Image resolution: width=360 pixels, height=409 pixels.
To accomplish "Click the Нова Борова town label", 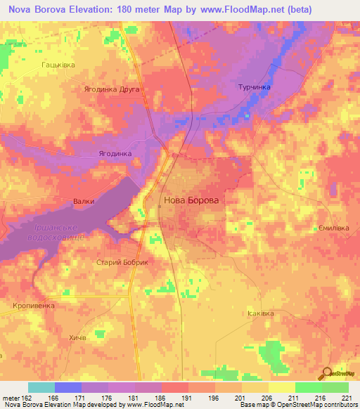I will point(191,200).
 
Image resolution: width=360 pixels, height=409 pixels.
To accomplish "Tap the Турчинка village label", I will point(251,87).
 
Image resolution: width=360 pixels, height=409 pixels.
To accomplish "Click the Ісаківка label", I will point(262,313).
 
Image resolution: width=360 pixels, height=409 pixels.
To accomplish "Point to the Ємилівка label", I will point(332,228).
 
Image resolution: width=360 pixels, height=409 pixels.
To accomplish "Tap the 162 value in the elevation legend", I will point(25,397).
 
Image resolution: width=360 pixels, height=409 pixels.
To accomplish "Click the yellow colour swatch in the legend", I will point(281,387).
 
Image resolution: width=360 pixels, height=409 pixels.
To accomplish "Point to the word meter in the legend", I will point(10,397).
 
